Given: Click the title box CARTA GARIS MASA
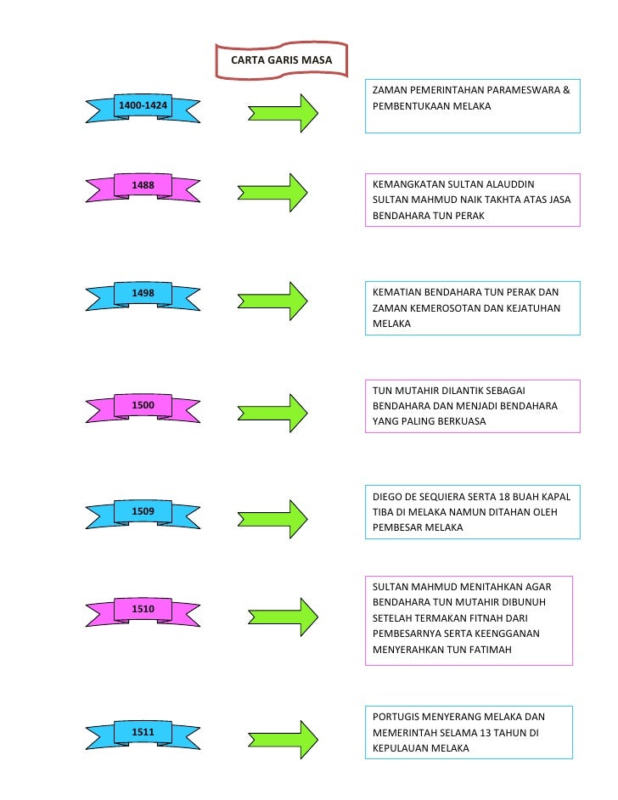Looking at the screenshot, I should (x=282, y=60).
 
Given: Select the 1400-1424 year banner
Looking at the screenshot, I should (x=143, y=106).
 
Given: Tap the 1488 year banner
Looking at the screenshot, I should (x=143, y=185).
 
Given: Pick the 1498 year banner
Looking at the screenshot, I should (x=143, y=294).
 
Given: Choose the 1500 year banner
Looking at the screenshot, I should (x=143, y=406).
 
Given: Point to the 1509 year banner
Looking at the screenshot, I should (x=143, y=511).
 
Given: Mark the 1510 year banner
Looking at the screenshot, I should (x=143, y=610).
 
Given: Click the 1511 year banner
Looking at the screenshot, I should (x=143, y=731).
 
